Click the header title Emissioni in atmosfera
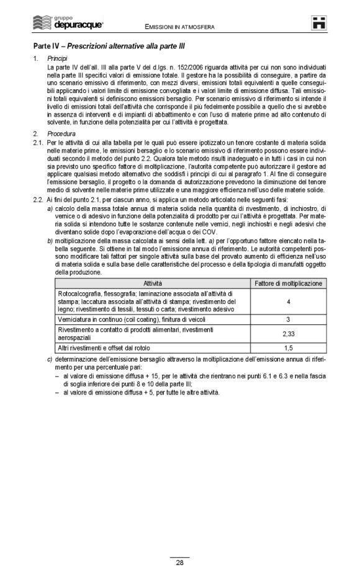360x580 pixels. [180, 27]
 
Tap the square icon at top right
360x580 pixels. [319, 23]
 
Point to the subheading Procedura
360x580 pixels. [61, 133]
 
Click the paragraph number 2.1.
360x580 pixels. [38, 142]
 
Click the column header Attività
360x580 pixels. [153, 283]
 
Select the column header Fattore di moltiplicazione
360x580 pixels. [289, 283]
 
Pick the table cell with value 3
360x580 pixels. [289, 319]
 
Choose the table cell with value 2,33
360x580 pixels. [289, 333]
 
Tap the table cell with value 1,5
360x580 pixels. [289, 348]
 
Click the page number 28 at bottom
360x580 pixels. [179, 563]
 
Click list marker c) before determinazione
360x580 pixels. [50, 359]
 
